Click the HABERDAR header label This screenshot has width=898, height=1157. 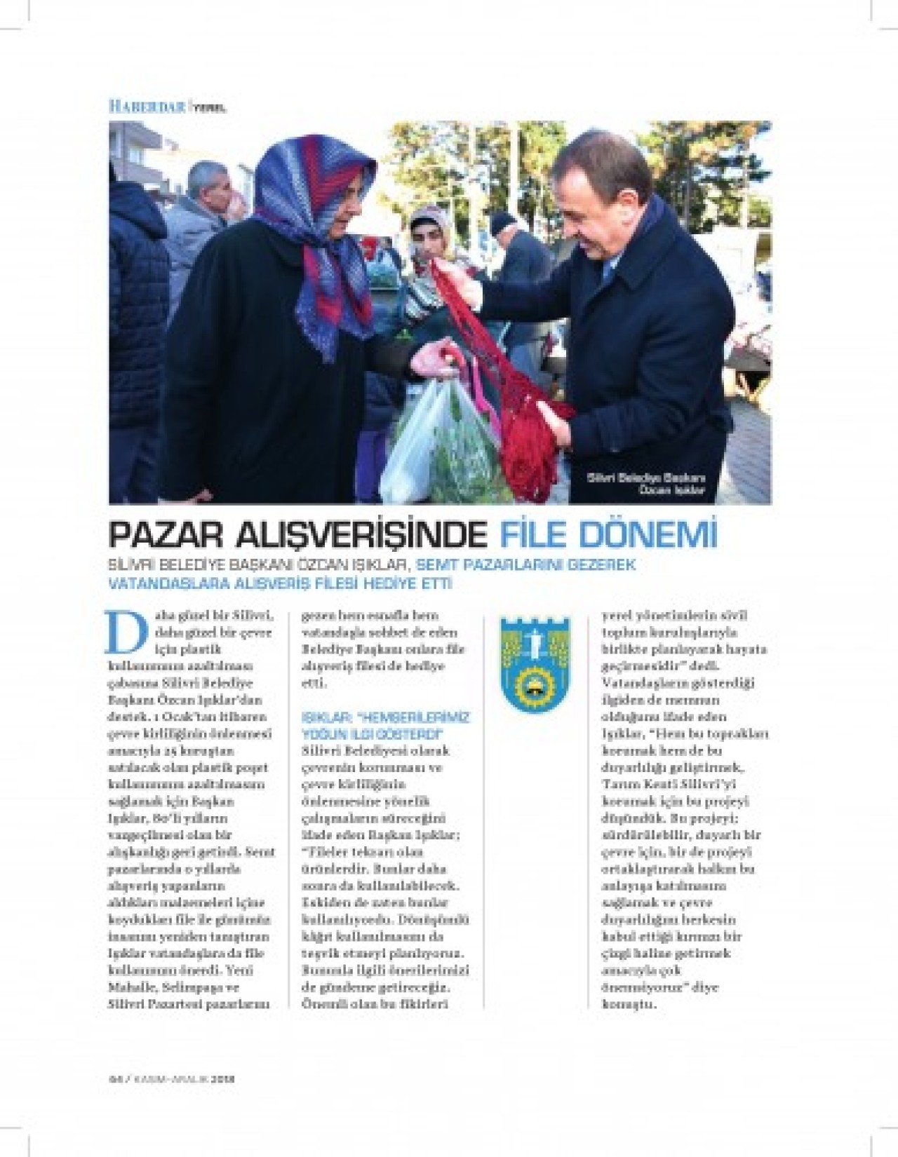pyautogui.click(x=147, y=107)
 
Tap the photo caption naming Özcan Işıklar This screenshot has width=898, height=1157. pyautogui.click(x=645, y=485)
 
